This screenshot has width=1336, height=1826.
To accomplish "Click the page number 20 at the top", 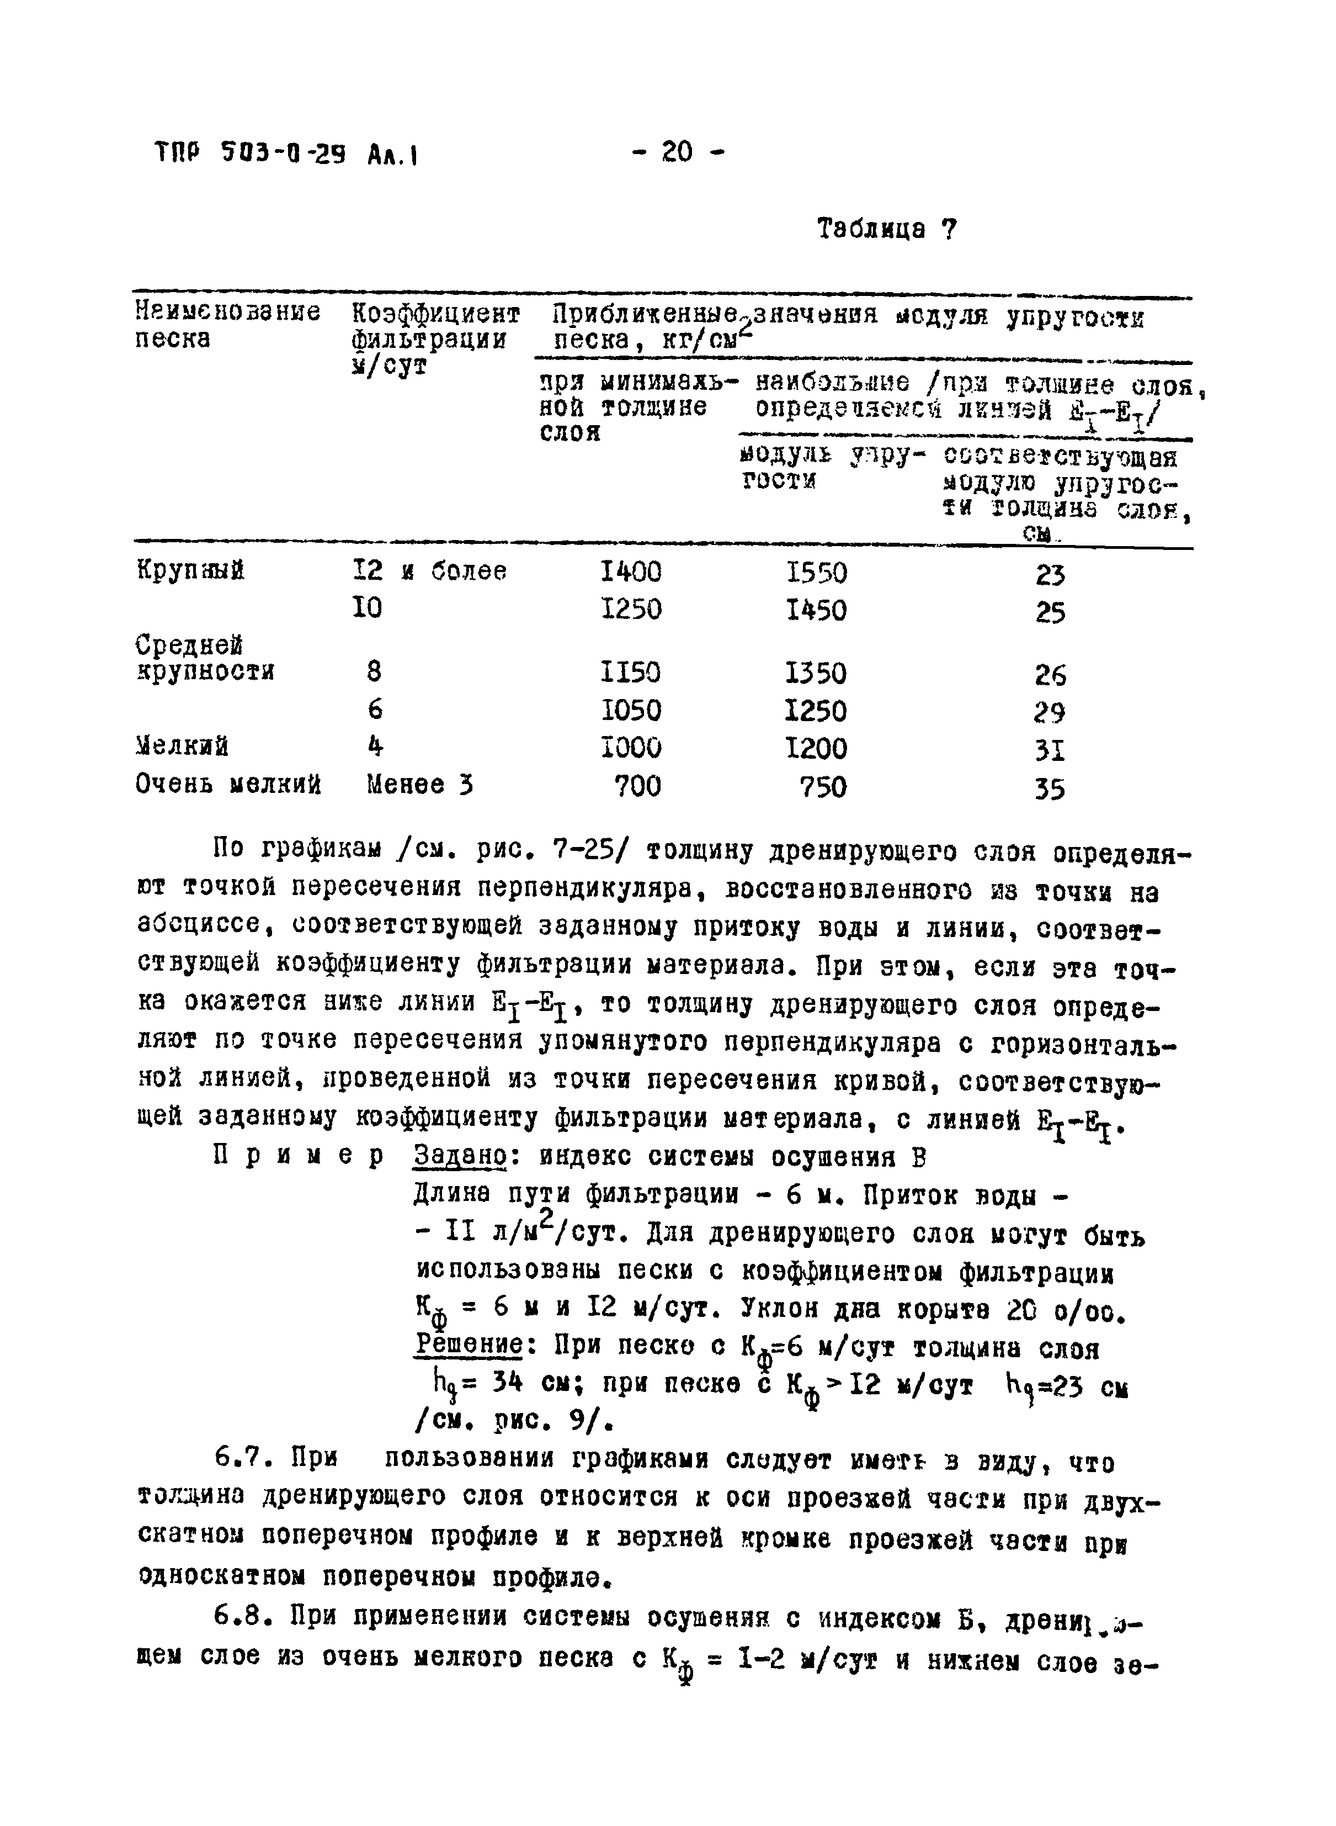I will click(678, 151).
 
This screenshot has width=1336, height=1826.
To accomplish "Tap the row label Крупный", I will click(190, 571).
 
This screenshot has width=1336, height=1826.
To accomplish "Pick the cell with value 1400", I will click(631, 573).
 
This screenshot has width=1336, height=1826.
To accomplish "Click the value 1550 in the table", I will click(816, 574).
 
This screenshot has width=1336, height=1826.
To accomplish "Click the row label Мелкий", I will click(182, 745).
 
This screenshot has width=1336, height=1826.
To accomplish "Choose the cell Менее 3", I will click(419, 785).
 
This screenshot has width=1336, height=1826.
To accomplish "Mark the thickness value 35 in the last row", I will click(1050, 789).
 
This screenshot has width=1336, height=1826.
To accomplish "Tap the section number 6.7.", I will click(247, 1461).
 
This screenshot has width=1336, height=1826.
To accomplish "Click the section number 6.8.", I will click(247, 1616).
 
